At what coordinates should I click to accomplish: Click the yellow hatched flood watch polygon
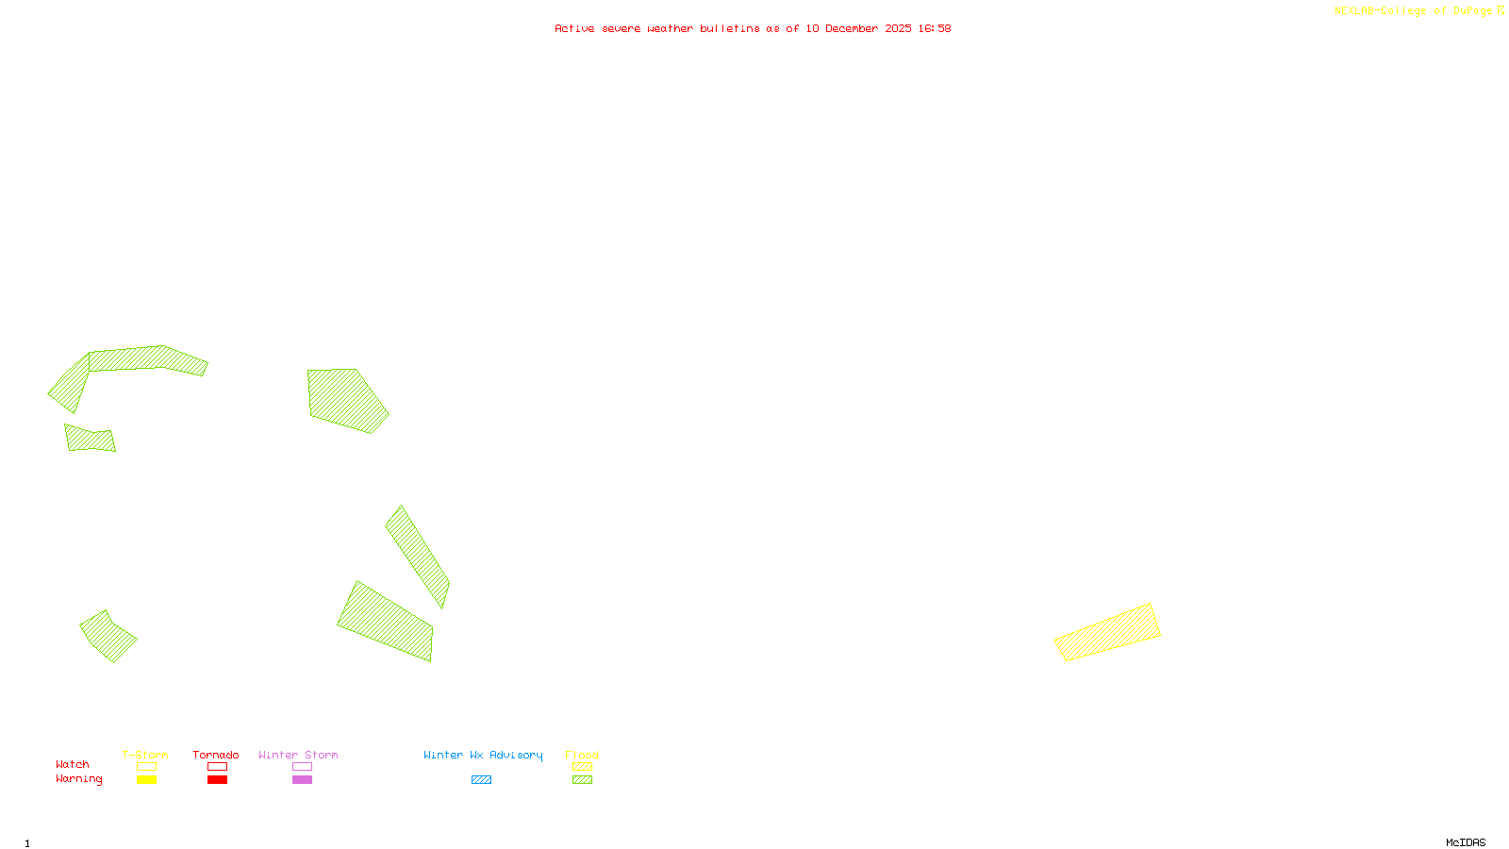point(1107,632)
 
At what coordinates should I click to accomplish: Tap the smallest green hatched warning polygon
point(90,440)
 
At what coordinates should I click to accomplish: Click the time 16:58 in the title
point(934,28)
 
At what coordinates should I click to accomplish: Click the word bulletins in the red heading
point(729,28)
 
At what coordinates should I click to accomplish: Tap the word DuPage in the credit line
point(1472,10)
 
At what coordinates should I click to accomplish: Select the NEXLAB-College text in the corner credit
point(1380,10)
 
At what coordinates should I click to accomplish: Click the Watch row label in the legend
point(73,764)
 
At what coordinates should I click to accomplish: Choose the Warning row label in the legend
point(78,779)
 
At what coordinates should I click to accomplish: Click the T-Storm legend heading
point(145,755)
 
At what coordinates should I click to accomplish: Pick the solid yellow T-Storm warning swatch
point(146,780)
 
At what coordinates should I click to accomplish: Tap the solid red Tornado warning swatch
point(217,780)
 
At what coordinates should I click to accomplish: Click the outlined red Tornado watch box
point(217,767)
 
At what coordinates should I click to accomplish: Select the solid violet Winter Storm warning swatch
point(302,780)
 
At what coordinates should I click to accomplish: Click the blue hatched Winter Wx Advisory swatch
point(481,780)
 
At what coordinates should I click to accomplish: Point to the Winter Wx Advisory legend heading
point(483,755)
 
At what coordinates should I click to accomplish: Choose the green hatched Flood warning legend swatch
point(582,780)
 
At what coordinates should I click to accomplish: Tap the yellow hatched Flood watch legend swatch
point(582,767)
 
